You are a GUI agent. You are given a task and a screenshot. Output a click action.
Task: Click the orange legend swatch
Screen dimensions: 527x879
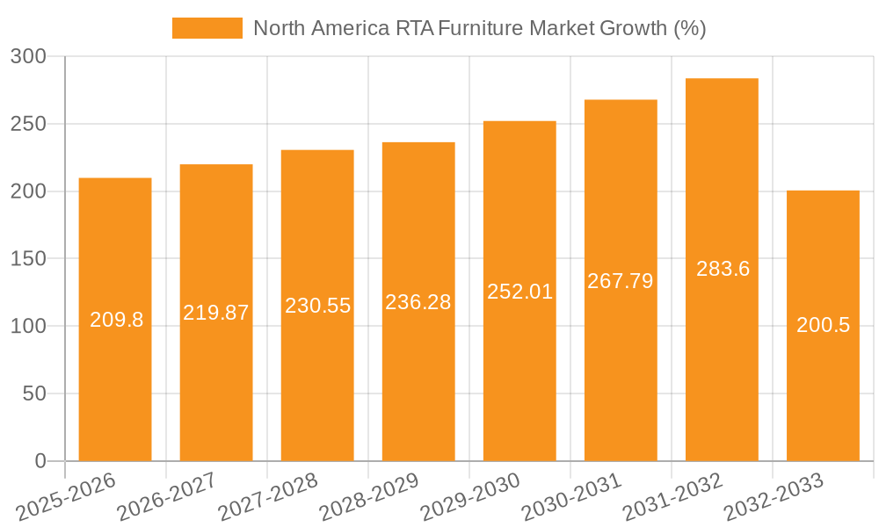(x=207, y=28)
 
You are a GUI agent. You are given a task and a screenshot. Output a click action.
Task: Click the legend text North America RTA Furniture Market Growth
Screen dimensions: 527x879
(x=479, y=28)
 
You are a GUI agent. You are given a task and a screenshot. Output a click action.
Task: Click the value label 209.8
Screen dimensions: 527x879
(x=116, y=320)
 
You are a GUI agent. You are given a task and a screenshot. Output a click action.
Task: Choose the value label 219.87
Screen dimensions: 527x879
(x=216, y=313)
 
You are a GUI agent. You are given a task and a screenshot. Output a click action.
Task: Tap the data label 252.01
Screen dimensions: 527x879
(x=519, y=292)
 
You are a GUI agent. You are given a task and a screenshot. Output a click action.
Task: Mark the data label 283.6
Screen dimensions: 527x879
(x=723, y=270)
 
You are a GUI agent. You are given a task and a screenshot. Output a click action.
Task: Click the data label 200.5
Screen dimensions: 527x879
(x=823, y=325)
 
